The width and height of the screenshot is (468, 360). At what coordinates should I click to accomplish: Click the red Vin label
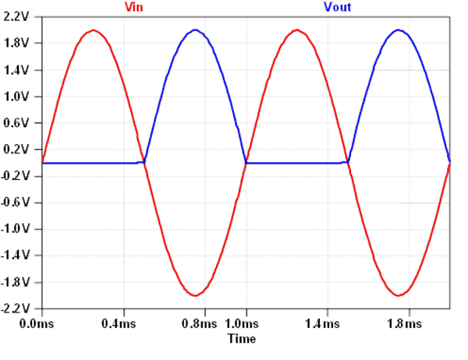[133, 7]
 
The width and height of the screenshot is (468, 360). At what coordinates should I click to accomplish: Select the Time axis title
[241, 340]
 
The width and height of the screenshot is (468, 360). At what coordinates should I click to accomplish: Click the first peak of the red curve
[93, 30]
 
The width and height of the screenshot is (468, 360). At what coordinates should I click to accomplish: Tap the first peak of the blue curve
[195, 30]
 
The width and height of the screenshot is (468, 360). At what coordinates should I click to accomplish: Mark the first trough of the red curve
[195, 295]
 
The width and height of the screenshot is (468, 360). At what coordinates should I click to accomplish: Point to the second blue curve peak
[399, 30]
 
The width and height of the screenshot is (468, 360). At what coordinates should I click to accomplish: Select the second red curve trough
[399, 295]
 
